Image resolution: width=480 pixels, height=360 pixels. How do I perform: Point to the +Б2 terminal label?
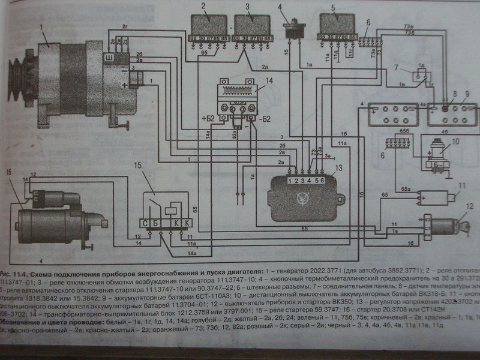208,118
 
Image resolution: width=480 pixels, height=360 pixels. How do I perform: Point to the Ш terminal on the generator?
109,56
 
